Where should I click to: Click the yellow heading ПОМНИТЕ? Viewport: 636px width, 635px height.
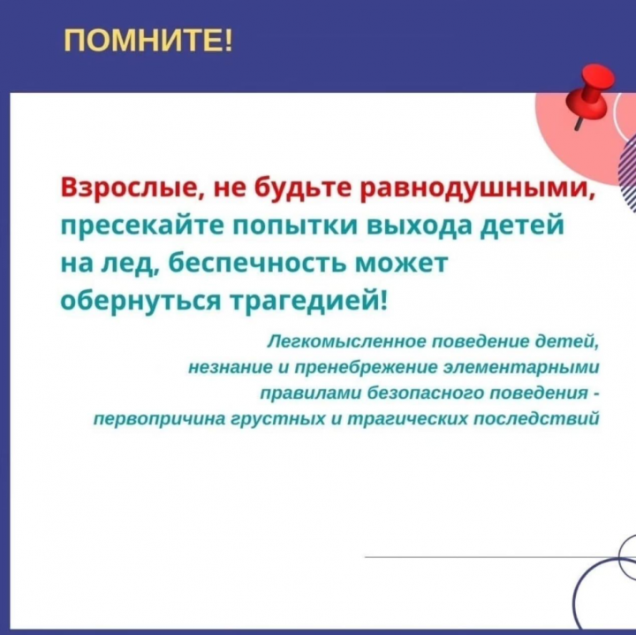(x=148, y=41)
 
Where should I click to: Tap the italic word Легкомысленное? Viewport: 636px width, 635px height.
(x=346, y=342)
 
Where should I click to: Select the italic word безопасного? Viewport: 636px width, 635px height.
(x=424, y=394)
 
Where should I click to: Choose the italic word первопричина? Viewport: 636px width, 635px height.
(x=159, y=419)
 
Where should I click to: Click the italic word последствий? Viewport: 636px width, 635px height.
(x=536, y=418)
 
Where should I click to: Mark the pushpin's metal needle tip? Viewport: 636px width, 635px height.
(x=576, y=129)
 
